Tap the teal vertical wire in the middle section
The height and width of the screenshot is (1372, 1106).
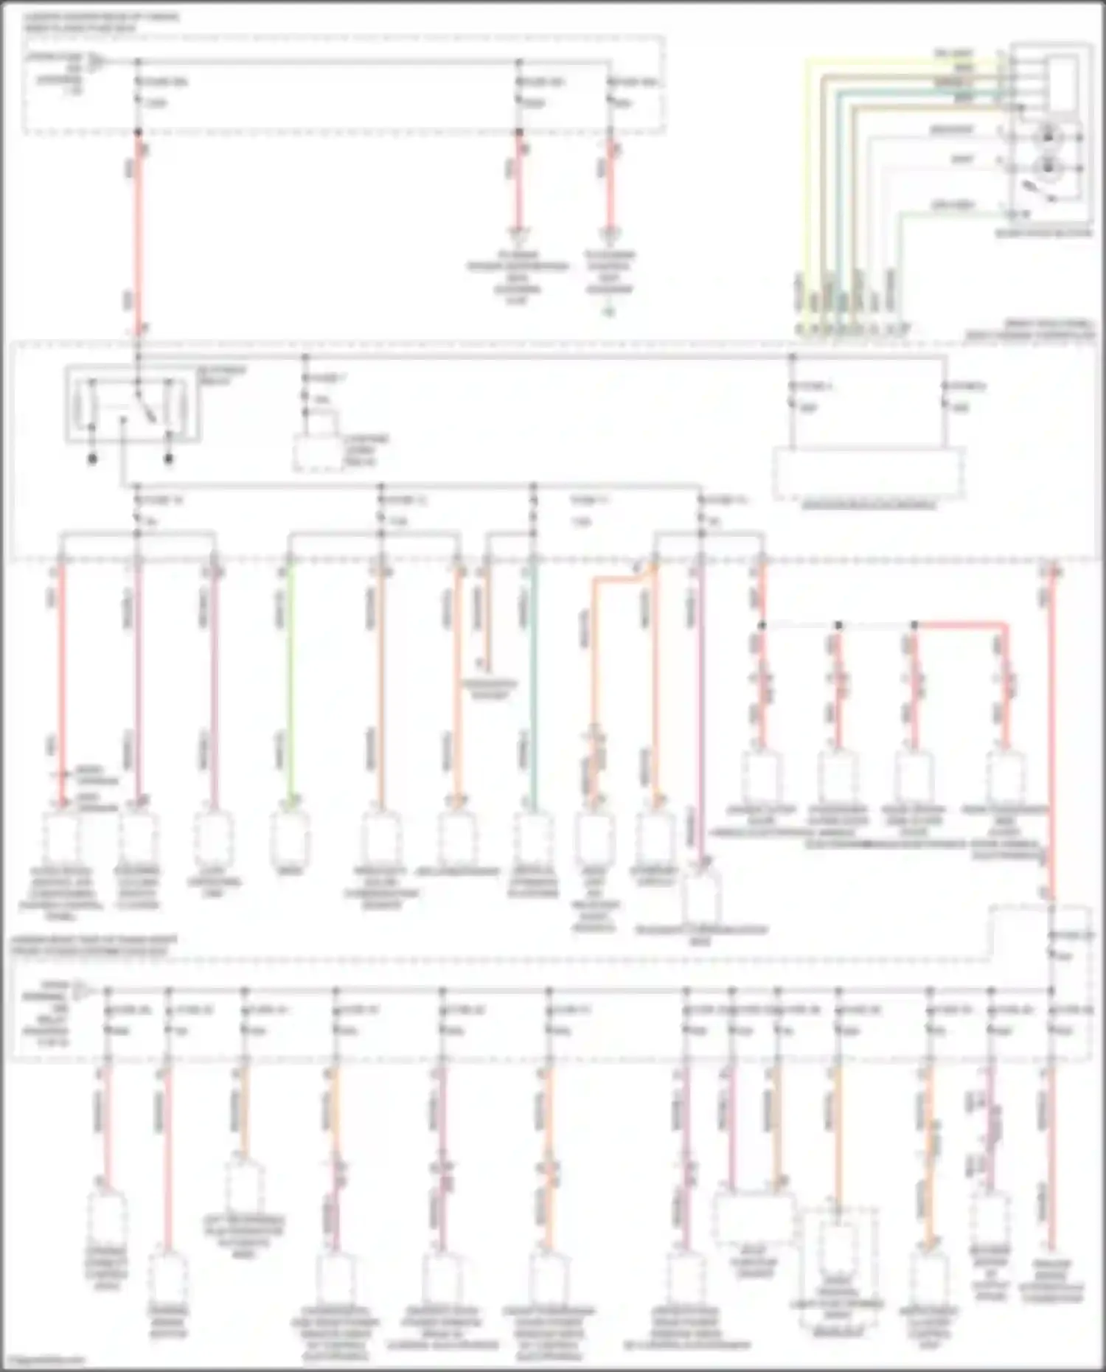534,686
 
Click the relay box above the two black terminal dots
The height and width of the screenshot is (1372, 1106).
133,405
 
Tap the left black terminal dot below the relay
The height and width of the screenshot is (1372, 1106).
93,459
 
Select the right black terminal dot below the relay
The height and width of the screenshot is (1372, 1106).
169,459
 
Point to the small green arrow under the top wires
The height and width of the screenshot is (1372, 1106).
608,313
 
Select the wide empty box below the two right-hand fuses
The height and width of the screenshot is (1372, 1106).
869,473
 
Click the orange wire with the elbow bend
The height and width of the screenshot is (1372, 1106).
594,649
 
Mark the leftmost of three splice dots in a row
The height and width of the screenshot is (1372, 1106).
762,625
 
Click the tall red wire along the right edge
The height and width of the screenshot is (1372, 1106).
1052,737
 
